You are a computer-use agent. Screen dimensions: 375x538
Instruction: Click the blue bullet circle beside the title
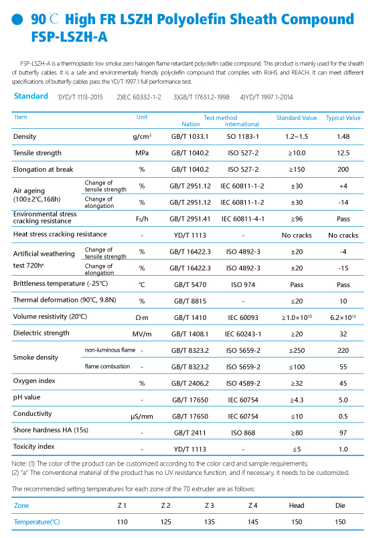click(x=17, y=19)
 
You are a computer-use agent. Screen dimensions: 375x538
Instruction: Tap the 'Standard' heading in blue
click(x=31, y=96)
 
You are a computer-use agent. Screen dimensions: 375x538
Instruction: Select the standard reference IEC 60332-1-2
click(x=139, y=97)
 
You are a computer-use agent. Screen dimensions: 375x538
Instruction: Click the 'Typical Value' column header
click(x=343, y=117)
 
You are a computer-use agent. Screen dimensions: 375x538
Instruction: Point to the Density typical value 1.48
click(x=343, y=137)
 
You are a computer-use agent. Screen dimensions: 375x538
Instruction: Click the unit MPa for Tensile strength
click(x=142, y=153)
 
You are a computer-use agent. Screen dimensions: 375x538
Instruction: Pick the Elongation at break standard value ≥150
click(x=297, y=170)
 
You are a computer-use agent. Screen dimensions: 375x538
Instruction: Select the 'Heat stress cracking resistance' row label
click(x=60, y=234)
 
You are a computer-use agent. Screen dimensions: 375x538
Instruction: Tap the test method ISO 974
click(x=243, y=285)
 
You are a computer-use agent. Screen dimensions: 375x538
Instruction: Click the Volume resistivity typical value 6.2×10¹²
click(x=343, y=317)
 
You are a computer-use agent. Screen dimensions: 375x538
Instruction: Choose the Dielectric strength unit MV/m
click(x=142, y=334)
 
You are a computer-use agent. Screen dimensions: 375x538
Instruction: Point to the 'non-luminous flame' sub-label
click(x=110, y=350)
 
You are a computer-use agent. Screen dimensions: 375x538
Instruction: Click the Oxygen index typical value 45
click(x=343, y=384)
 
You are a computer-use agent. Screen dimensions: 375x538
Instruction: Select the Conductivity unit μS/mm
click(x=142, y=417)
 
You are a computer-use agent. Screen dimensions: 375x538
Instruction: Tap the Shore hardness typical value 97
click(x=343, y=433)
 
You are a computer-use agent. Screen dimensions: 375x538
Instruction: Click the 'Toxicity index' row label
click(x=34, y=446)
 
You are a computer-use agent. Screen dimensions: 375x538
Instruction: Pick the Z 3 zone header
click(x=209, y=505)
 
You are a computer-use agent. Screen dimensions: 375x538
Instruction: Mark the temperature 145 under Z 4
click(x=252, y=522)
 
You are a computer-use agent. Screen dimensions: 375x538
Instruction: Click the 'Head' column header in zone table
click(x=297, y=505)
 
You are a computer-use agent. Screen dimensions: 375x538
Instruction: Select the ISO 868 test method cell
click(x=243, y=433)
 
